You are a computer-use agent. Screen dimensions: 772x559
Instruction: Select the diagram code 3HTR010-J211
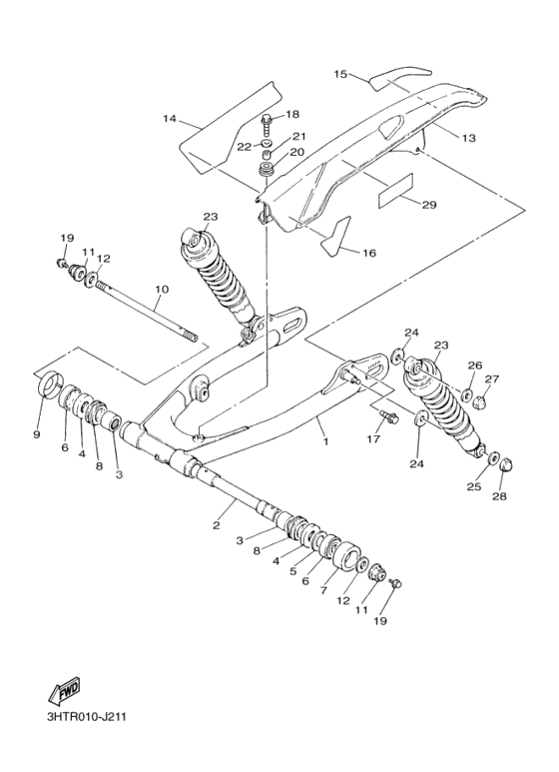(x=86, y=717)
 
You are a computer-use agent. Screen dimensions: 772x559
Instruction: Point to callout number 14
(x=170, y=119)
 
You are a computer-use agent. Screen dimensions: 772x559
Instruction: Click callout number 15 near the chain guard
(x=339, y=75)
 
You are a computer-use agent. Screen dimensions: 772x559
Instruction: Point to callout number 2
(x=217, y=523)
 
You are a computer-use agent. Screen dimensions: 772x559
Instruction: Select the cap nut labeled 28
(x=502, y=463)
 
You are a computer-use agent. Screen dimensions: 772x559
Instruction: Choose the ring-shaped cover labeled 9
(x=47, y=385)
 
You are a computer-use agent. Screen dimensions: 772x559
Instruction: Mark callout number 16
(x=368, y=254)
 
